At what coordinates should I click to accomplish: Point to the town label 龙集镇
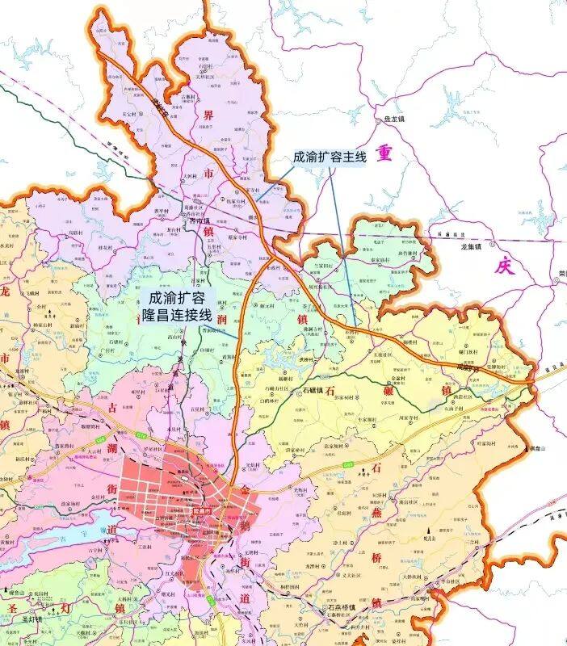(471, 246)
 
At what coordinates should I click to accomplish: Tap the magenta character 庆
(505, 266)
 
